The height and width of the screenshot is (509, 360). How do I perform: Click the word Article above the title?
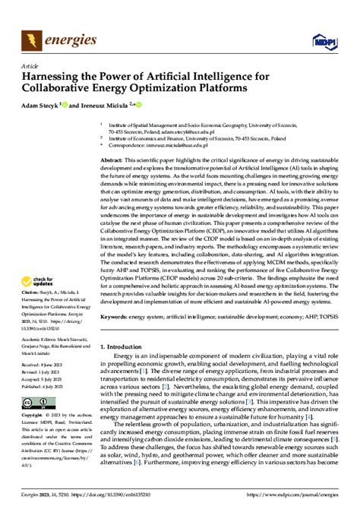coord(30,65)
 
